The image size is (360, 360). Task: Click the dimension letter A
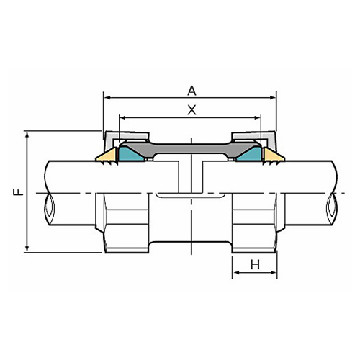tap(192, 91)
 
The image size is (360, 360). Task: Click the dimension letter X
tap(192, 110)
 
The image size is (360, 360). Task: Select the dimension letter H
tap(255, 265)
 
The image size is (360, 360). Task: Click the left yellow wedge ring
tap(107, 155)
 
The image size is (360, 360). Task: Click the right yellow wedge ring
tap(274, 155)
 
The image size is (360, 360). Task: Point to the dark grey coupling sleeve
tap(191, 148)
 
